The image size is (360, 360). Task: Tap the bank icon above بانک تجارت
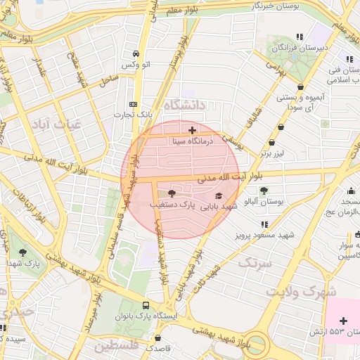(133, 103)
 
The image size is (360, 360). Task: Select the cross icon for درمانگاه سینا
(192, 130)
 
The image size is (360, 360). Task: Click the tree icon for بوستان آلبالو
(264, 191)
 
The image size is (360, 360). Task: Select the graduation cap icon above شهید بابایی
(219, 195)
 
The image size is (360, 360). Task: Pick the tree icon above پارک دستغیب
(172, 193)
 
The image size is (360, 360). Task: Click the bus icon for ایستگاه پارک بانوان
(146, 306)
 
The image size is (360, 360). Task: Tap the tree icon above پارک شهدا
(23, 251)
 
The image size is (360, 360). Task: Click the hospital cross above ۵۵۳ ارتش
(343, 321)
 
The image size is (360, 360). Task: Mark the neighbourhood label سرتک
(254, 263)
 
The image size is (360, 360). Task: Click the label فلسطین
(113, 346)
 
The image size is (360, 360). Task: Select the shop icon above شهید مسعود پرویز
(264, 224)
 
